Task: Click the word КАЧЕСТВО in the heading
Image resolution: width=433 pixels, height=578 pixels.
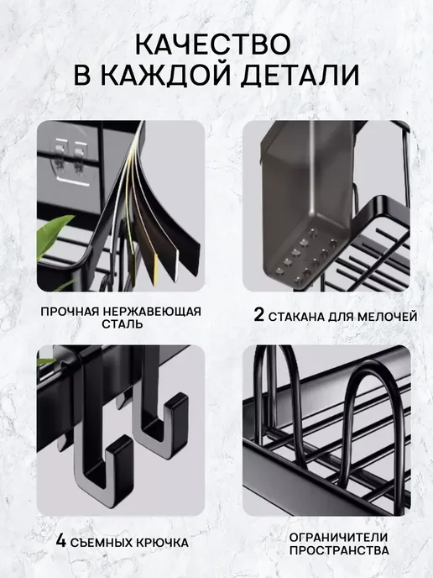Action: point(212,44)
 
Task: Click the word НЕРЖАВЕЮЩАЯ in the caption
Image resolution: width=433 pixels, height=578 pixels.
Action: point(152,312)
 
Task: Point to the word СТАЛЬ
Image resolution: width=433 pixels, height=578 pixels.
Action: point(123,324)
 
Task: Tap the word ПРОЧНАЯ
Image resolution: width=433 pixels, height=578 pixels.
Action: point(70,312)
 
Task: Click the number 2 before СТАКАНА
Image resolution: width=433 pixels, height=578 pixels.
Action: point(258,315)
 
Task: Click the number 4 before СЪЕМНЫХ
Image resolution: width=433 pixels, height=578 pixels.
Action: point(61,542)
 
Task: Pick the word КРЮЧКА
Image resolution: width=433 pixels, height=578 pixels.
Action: point(163,543)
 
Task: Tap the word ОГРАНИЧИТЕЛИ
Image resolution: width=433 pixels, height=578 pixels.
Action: point(338,538)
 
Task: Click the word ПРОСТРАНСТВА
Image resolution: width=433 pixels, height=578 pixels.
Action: point(339,551)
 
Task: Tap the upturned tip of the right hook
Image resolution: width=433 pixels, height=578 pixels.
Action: point(177,402)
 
